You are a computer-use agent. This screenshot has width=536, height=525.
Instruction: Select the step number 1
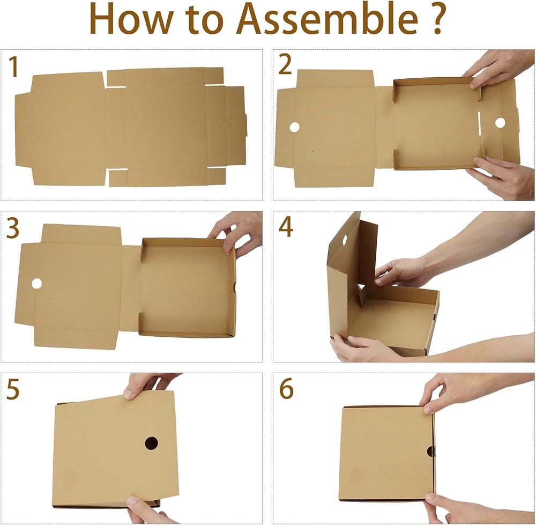tap(13, 66)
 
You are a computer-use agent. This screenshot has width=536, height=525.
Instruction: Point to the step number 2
tap(285, 65)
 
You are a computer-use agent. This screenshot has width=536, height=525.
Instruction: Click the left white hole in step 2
tap(294, 127)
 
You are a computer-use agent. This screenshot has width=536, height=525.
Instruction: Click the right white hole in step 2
tap(500, 123)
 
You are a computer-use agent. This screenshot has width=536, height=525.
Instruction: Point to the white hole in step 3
tap(36, 283)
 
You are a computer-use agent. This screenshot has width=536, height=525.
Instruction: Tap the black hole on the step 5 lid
tap(152, 443)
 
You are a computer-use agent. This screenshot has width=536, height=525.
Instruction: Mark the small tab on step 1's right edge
tap(245, 125)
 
